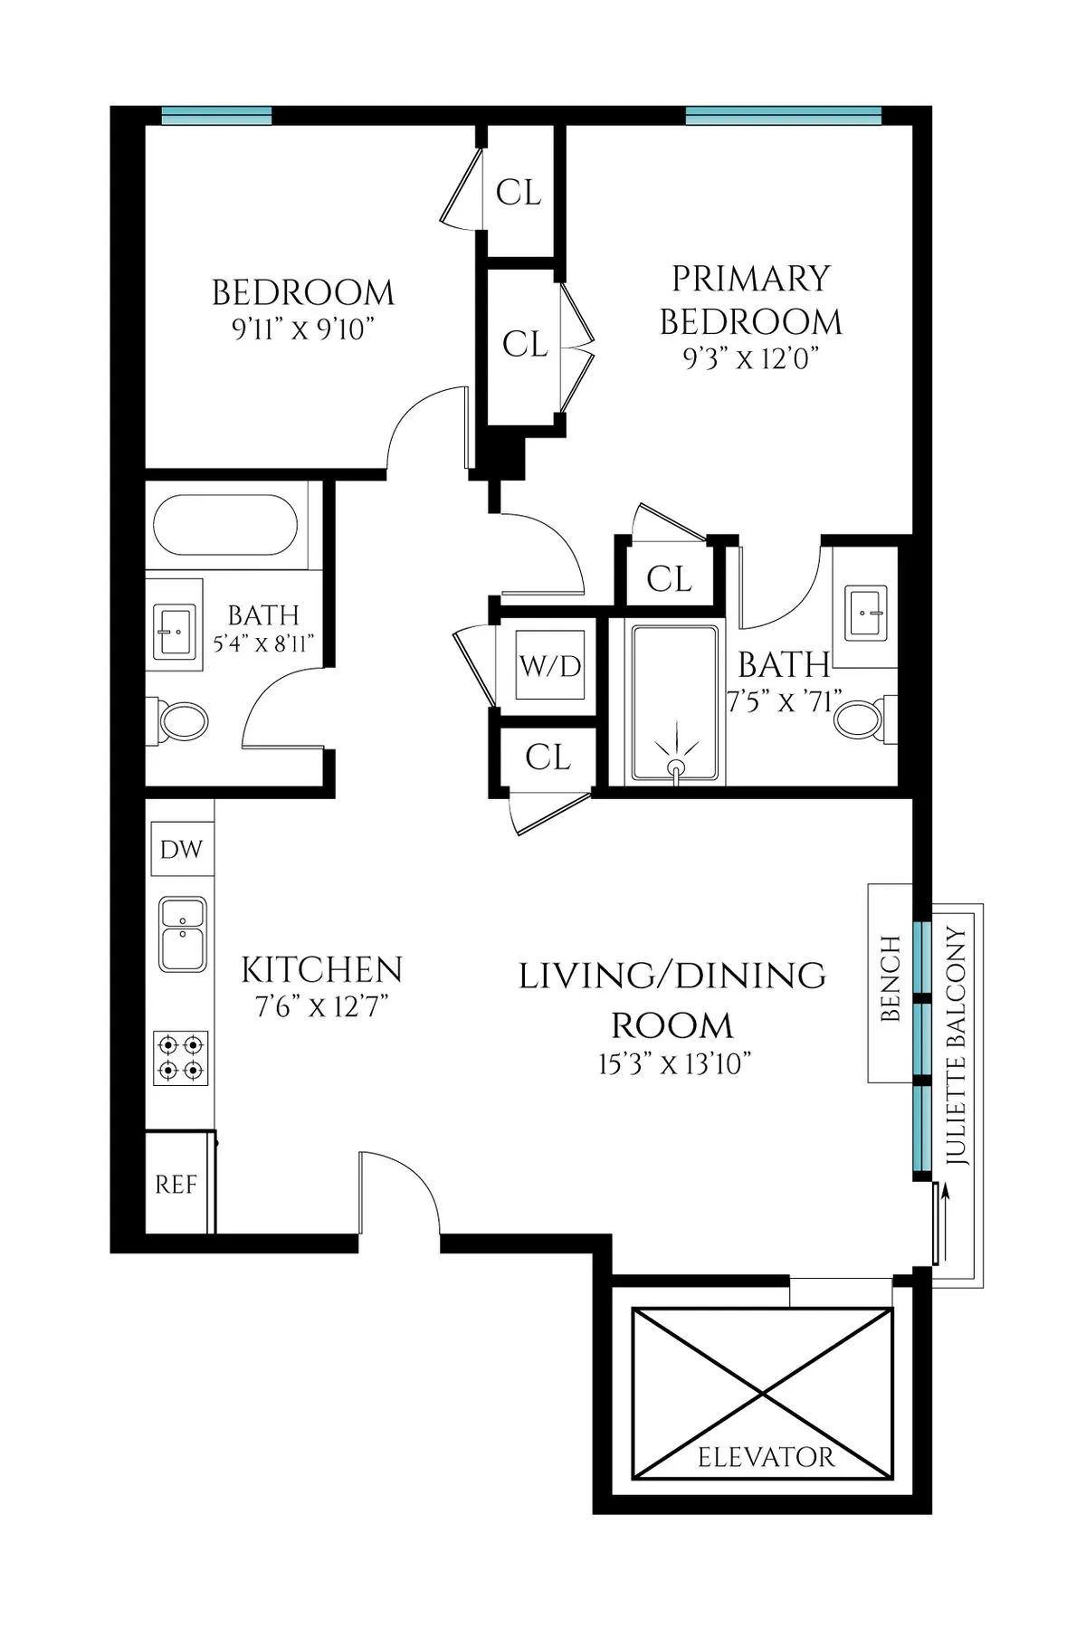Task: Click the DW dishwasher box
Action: tap(182, 849)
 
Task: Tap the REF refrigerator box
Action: tap(176, 1184)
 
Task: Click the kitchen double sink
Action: tap(183, 933)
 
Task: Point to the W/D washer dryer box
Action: tap(550, 667)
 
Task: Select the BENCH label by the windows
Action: tap(891, 979)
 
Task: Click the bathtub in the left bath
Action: tap(225, 526)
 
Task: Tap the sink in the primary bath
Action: tap(870, 612)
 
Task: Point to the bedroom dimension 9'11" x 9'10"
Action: tap(303, 329)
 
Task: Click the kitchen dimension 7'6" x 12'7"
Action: tap(321, 1006)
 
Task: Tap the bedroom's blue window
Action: tap(217, 115)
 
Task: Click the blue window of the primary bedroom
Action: tap(783, 115)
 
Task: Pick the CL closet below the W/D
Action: tap(548, 757)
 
